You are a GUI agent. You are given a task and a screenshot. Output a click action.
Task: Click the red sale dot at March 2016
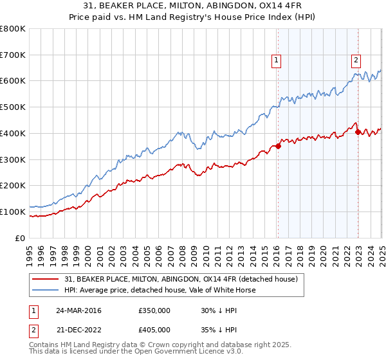278,146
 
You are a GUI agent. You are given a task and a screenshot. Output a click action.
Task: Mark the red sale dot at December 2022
358,132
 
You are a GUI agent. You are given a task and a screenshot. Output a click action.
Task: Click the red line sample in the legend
46,279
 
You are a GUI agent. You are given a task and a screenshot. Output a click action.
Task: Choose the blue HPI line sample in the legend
46,290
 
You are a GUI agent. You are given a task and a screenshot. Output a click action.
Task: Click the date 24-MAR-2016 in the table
78,310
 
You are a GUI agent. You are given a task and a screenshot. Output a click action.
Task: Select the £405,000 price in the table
154,328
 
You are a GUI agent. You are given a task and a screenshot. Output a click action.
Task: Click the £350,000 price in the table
154,310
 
